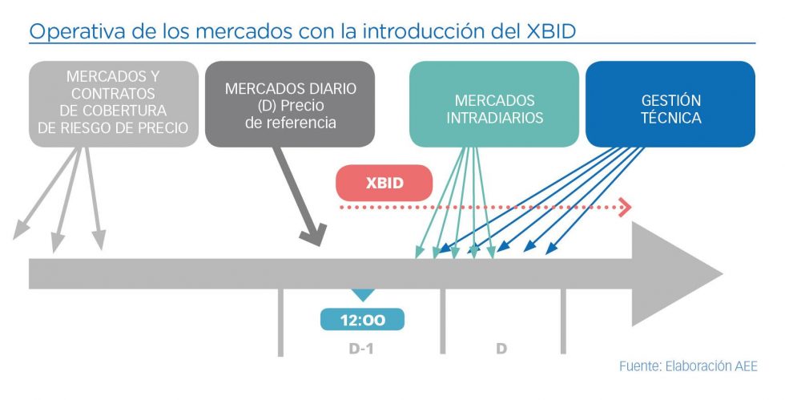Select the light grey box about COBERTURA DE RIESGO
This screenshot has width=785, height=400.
113,104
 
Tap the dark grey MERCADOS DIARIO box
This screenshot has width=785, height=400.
290,104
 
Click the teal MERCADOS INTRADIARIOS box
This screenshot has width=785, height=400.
493,104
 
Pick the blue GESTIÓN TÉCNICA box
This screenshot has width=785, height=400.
670,104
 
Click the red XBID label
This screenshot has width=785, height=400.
384,183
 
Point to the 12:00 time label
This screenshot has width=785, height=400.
363,320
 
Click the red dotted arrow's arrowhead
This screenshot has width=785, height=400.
626,208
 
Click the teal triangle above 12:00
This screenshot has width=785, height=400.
363,296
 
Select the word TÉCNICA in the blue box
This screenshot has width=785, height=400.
671,118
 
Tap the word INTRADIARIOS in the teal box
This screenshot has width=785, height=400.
494,118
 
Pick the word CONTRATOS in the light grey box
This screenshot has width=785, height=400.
113,93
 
